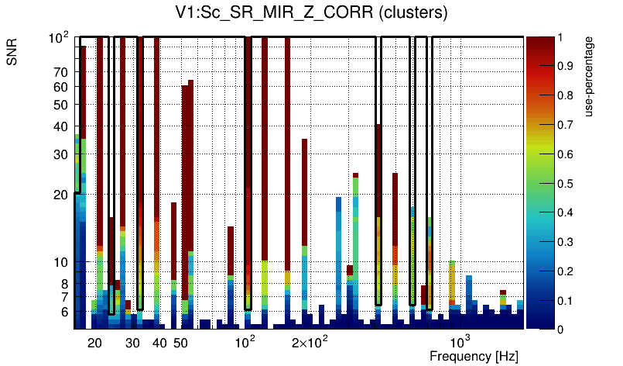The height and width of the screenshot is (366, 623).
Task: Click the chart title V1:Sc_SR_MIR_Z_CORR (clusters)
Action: [x=310, y=13]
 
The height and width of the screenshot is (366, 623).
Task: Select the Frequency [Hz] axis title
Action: [x=474, y=356]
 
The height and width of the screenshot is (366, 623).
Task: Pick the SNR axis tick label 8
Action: [x=65, y=284]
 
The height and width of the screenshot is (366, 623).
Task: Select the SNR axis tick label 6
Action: [x=65, y=312]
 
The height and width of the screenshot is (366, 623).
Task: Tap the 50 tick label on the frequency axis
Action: [x=180, y=343]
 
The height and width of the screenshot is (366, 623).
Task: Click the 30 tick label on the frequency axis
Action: [x=132, y=343]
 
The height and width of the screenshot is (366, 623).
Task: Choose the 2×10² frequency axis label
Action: [x=310, y=342]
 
